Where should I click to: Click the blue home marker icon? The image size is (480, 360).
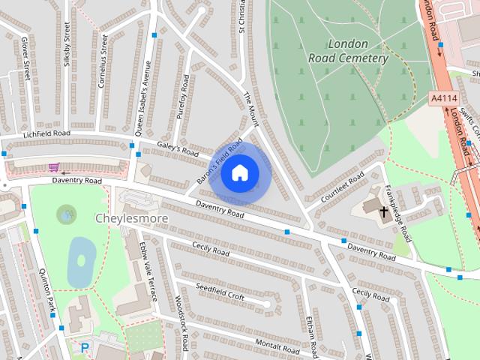point(239,172)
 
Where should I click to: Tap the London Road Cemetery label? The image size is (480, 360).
point(348,51)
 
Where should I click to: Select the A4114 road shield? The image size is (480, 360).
point(444,98)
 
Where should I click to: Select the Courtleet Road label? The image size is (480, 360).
point(342,187)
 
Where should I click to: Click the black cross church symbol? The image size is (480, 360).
point(384,213)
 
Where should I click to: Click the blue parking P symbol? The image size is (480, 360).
point(85,348)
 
